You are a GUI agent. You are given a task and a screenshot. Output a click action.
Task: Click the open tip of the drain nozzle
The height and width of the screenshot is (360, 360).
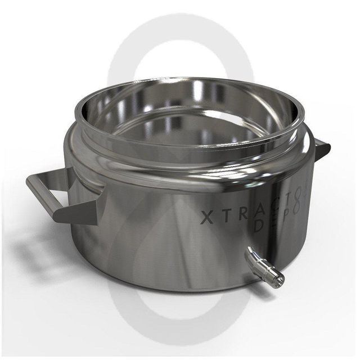pyautogui.click(x=280, y=278)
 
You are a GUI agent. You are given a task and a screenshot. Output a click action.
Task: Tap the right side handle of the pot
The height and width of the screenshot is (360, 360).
pyautogui.click(x=321, y=147)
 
